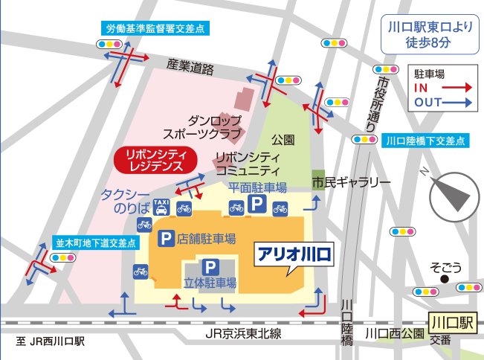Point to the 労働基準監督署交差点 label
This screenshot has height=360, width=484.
click(156, 29)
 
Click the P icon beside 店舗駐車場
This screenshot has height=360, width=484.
click(166, 239)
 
